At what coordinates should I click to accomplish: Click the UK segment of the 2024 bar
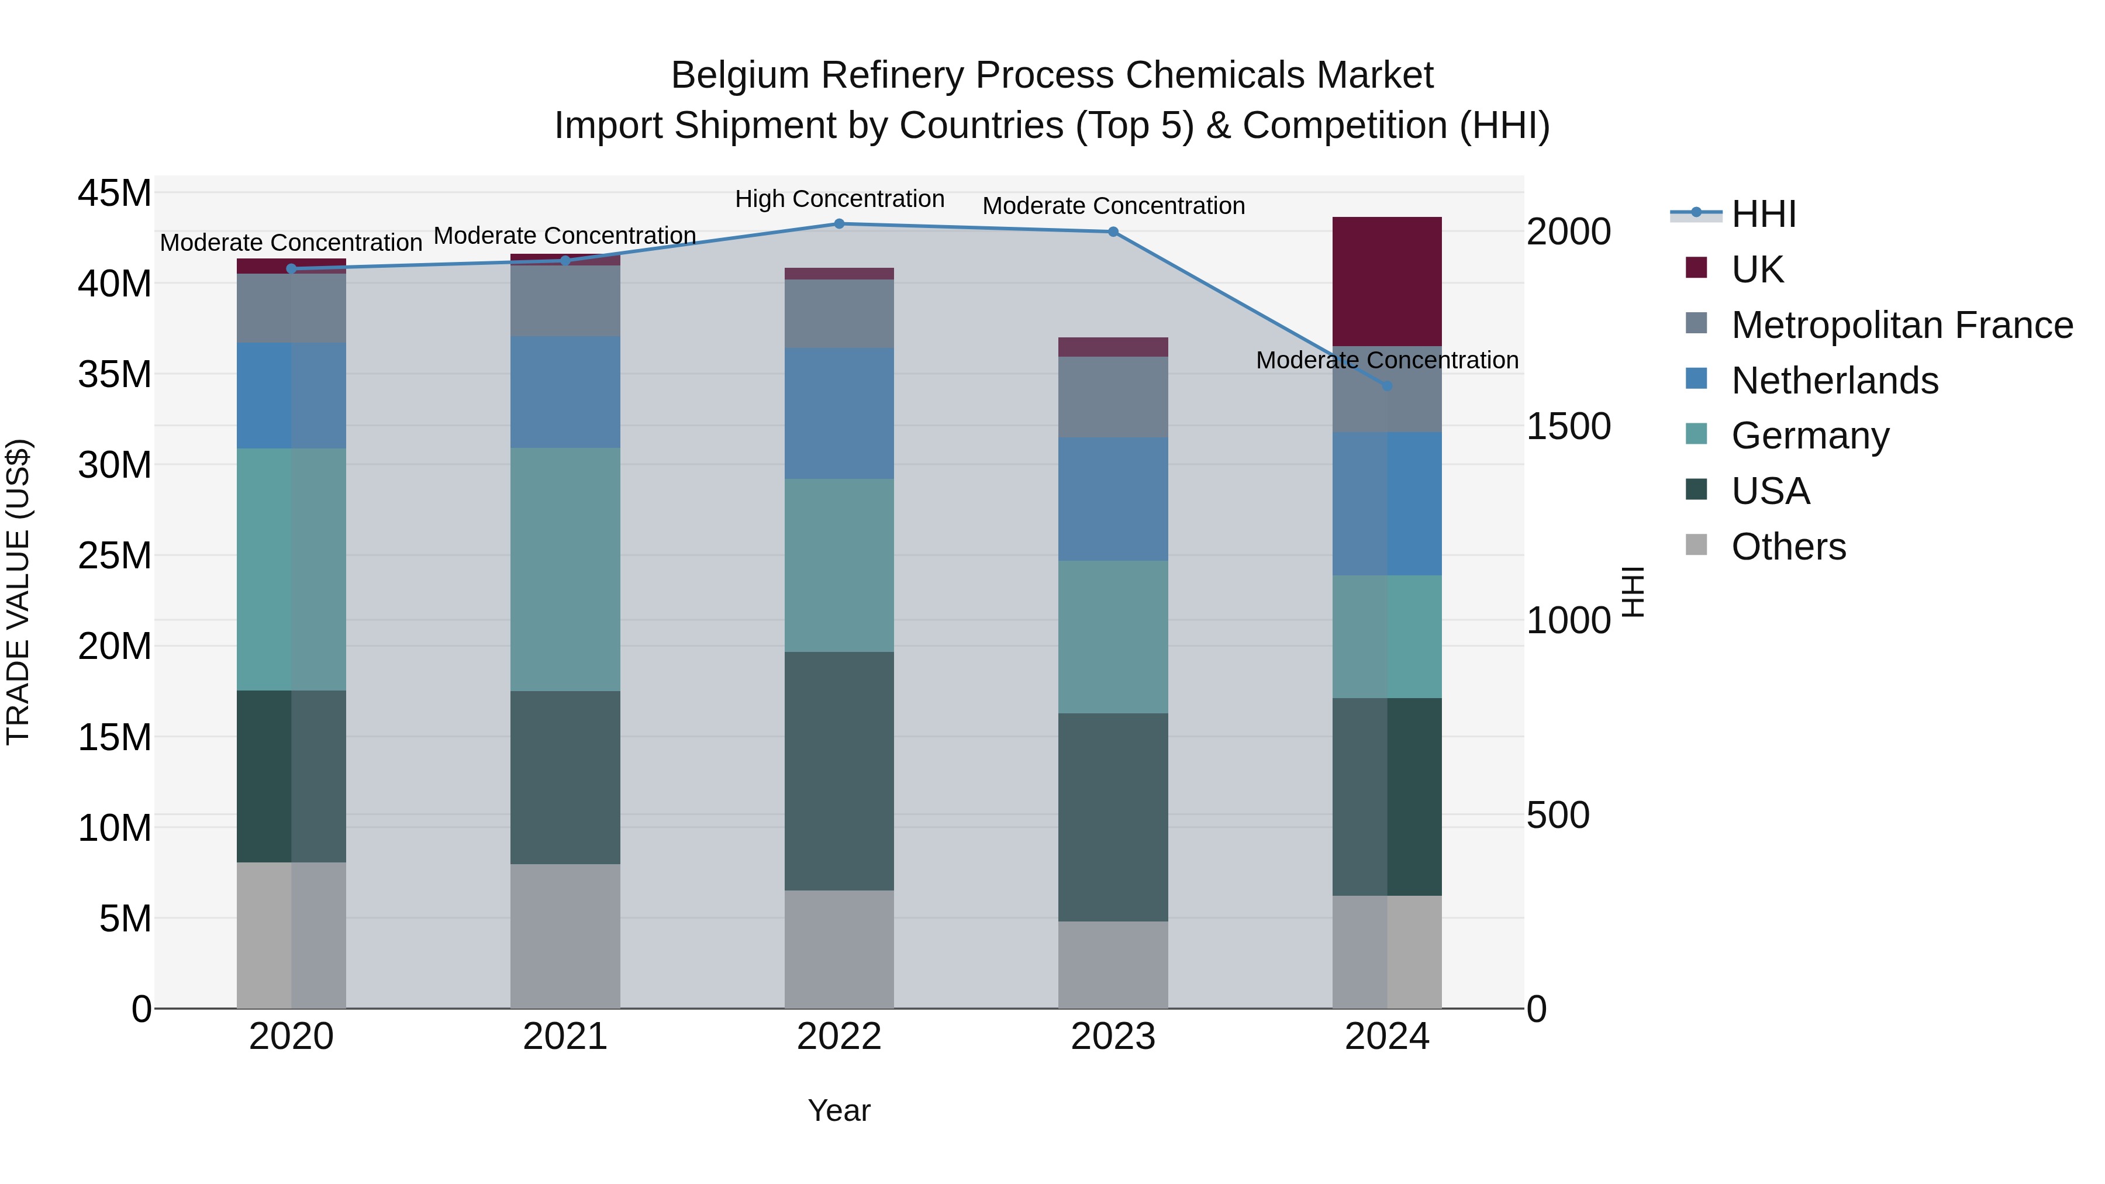click(1387, 281)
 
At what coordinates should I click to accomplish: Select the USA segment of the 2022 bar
click(839, 771)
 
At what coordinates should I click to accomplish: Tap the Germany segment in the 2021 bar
click(565, 569)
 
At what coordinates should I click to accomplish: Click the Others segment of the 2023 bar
click(1113, 964)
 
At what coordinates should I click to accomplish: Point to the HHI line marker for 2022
click(839, 224)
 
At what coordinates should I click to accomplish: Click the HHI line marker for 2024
click(1387, 386)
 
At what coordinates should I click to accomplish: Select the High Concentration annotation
click(839, 199)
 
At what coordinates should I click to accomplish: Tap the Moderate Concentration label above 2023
click(1113, 206)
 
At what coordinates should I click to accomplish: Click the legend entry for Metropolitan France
click(1902, 325)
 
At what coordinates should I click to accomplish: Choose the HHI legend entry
click(1764, 214)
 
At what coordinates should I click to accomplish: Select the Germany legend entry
click(1810, 436)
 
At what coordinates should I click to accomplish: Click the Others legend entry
click(1788, 547)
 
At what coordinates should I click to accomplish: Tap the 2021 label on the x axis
click(565, 1037)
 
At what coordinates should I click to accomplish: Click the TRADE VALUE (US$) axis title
click(19, 592)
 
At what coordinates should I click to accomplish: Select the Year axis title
click(839, 1110)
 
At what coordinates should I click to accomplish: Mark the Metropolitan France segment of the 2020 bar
click(292, 308)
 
